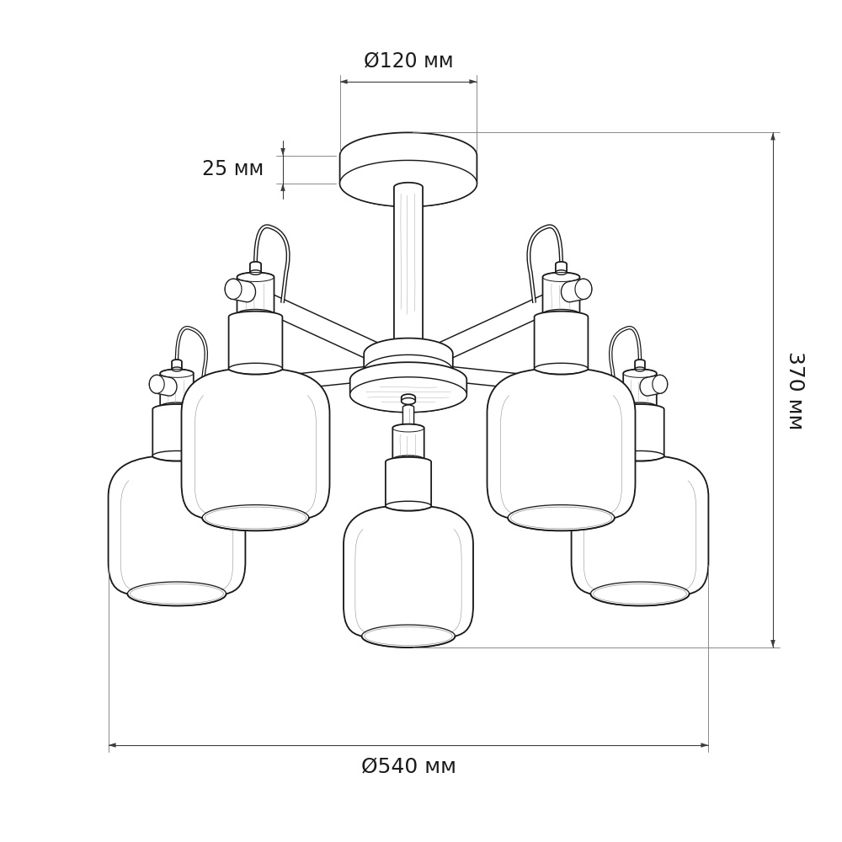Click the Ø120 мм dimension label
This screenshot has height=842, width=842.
tap(408, 60)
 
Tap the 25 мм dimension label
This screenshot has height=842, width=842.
tap(232, 168)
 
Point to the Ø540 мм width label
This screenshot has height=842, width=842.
tap(408, 765)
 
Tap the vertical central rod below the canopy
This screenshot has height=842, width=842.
tap(408, 262)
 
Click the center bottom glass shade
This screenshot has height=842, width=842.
tap(408, 576)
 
